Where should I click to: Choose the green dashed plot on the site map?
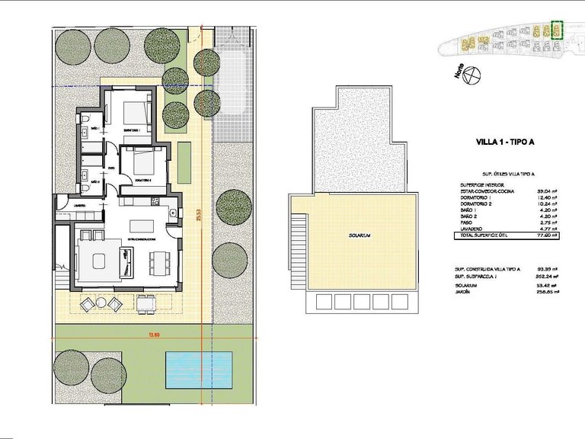555,30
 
